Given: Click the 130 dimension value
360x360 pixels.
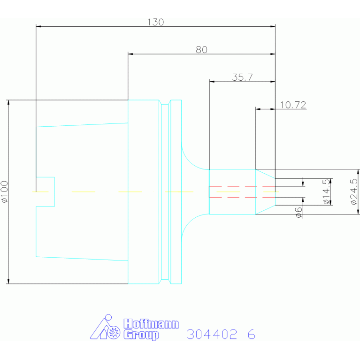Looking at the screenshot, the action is pos(155,22).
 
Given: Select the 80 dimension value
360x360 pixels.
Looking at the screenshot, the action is pos(201,50).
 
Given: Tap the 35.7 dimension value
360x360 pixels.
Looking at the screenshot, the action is pos(243,77).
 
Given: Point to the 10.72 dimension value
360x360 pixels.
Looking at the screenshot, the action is pos(293,105).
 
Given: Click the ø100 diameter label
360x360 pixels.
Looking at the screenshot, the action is pos(4,191).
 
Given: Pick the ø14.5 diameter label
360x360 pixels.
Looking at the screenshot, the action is pos(327,191).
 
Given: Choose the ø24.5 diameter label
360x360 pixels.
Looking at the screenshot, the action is pos(354,191).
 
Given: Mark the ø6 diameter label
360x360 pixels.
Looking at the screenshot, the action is pos(299,212).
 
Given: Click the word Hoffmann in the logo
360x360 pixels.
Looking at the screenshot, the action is pos(151,324).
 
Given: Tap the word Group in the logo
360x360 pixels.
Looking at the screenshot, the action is pos(141,335).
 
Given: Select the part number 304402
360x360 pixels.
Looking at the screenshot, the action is pos(212,334).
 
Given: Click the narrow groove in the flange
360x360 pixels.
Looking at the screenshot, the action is pos(165,191).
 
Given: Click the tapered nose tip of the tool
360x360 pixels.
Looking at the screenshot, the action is pos(265,191).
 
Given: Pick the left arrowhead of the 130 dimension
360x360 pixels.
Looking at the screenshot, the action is pos(38,26).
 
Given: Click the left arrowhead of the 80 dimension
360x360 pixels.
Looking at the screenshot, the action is pos(130,54).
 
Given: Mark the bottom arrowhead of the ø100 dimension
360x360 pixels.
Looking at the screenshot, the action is pos(8,281).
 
